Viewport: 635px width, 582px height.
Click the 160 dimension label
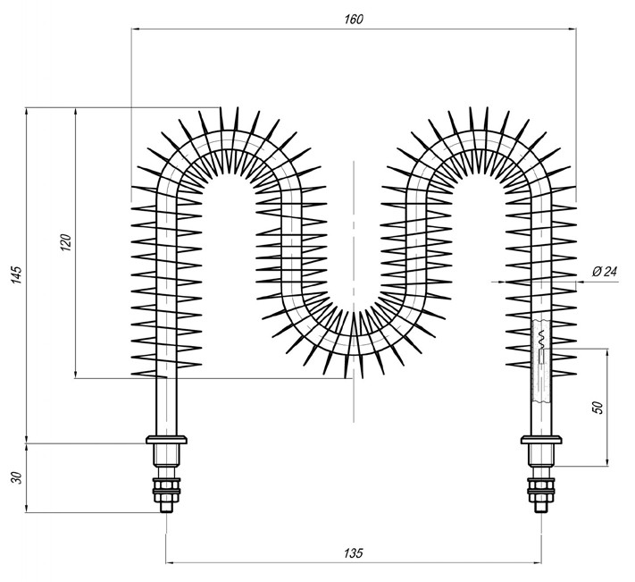[354, 19]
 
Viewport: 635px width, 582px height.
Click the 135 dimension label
[354, 554]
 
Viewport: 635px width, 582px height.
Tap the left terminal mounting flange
[166, 440]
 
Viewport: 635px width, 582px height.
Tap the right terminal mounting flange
[541, 440]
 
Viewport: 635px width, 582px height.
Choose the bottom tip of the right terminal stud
[541, 510]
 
